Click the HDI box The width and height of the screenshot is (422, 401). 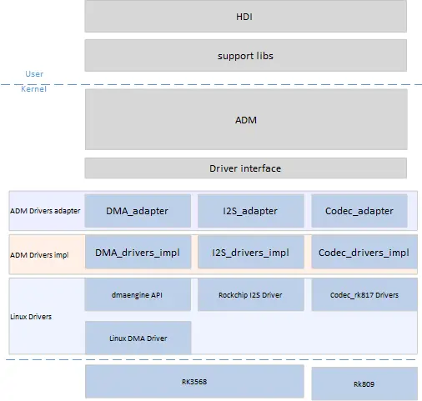tap(246, 16)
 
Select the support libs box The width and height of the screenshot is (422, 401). tap(246, 55)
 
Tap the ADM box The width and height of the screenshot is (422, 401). tap(246, 119)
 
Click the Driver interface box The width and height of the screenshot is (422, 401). tap(246, 168)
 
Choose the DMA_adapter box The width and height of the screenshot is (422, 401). tap(138, 211)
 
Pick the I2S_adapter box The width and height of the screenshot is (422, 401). tap(251, 211)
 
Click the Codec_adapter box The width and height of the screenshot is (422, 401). tap(359, 211)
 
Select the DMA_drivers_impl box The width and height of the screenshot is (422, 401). tap(138, 252)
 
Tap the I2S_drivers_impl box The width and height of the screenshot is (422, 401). tap(251, 252)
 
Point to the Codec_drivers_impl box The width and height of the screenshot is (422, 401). tap(364, 252)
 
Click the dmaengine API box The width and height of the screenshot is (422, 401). tap(138, 295)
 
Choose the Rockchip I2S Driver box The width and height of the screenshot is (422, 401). tap(251, 295)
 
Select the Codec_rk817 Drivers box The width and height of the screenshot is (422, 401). tap(364, 295)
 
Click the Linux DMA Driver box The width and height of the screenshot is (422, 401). tap(138, 338)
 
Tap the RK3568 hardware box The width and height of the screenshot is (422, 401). tap(194, 382)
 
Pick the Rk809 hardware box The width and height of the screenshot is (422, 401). tap(364, 383)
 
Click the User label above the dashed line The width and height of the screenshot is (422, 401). tap(34, 74)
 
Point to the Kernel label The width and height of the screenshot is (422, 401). tap(33, 89)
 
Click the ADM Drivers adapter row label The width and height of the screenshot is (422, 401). tap(45, 211)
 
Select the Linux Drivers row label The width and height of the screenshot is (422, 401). tap(31, 317)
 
